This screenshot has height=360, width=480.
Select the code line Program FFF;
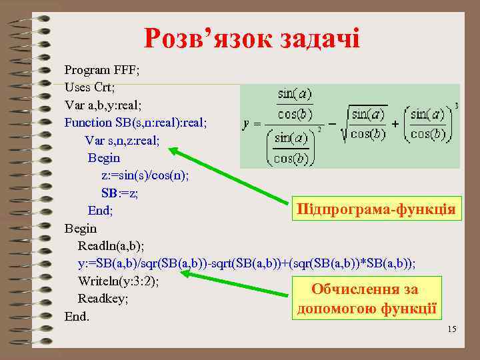tap(101, 69)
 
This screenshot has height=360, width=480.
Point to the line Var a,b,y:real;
tap(103, 105)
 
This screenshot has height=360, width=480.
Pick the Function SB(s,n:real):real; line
tap(136, 122)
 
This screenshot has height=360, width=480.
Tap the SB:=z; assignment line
tap(120, 193)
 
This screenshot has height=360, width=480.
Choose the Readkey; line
tap(103, 298)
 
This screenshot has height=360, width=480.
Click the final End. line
tap(77, 316)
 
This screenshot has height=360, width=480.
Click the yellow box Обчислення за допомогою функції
tap(365, 299)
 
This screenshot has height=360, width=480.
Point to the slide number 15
tap(451, 329)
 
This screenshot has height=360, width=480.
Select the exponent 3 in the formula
tap(455, 105)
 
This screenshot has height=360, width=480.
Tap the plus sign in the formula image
tap(395, 125)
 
